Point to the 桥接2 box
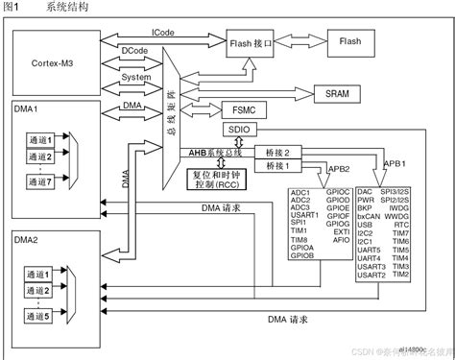[278, 152]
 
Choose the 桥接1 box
[278, 166]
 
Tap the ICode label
[163, 32]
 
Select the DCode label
[134, 49]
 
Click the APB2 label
[337, 169]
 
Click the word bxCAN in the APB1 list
[370, 224]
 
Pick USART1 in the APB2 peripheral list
[304, 216]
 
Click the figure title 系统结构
[66, 8]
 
